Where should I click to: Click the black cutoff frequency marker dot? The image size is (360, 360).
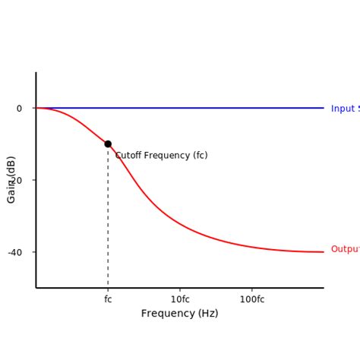(108, 144)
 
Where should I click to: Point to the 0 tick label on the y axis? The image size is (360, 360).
(19, 109)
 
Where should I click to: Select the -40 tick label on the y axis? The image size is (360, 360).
(15, 252)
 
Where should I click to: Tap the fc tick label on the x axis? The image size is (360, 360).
(108, 299)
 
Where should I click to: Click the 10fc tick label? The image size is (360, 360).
(180, 299)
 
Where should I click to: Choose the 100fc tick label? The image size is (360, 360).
(252, 299)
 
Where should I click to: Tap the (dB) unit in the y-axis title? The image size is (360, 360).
(11, 166)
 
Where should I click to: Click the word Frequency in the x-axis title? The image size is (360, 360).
(168, 314)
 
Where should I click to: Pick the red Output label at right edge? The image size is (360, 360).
(345, 249)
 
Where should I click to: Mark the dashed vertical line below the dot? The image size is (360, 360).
(108, 220)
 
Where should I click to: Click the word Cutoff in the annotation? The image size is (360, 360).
(130, 156)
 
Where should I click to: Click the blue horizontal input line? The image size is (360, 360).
(228, 108)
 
